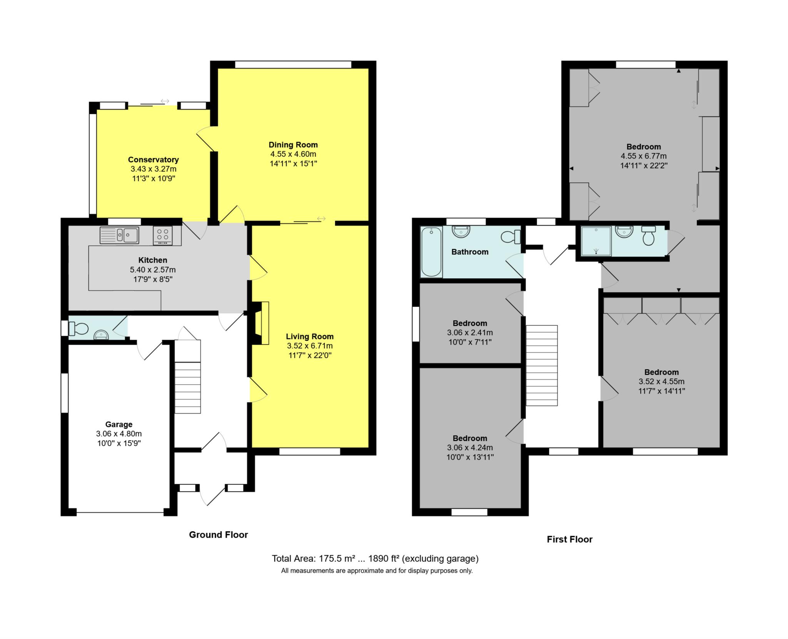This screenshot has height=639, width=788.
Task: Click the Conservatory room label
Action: click(153, 159)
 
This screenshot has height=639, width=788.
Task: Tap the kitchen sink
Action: click(119, 235)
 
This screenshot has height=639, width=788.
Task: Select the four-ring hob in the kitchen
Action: click(163, 235)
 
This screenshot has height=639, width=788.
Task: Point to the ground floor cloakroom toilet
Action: click(78, 328)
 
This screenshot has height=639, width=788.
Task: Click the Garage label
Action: click(119, 424)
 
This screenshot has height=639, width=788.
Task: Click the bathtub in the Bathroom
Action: click(431, 252)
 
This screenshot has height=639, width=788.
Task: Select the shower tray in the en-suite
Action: click(596, 241)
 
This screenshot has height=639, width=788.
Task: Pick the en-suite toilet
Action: click(648, 236)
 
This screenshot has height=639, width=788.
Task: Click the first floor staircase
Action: click(542, 365)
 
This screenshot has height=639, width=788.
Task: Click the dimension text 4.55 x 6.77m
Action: click(643, 156)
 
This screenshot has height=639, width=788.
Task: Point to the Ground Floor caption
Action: click(218, 535)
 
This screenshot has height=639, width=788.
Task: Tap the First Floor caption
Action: click(569, 539)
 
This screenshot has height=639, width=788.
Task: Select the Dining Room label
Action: click(293, 145)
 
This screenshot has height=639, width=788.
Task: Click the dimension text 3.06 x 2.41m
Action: click(470, 333)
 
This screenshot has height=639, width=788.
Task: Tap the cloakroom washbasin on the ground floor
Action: click(101, 335)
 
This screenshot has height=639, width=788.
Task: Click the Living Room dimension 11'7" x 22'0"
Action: click(310, 355)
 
